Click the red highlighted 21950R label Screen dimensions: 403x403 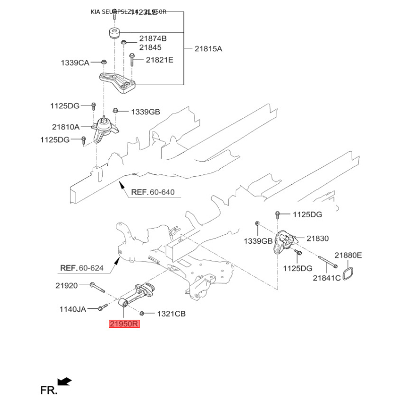click(x=124, y=324)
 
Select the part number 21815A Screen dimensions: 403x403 click(x=209, y=49)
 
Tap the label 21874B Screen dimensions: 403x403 click(x=153, y=39)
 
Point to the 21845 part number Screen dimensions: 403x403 click(x=150, y=47)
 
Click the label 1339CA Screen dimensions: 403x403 click(x=75, y=63)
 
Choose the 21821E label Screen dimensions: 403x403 click(x=159, y=60)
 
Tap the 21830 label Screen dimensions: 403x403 click(x=317, y=238)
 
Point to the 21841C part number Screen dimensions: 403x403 click(x=326, y=278)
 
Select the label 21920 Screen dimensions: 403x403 click(x=66, y=286)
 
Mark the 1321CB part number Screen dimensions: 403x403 click(x=171, y=314)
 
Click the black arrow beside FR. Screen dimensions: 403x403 click(x=65, y=381)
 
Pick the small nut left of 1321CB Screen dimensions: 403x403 click(x=142, y=313)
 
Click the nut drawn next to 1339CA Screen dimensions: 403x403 click(x=103, y=62)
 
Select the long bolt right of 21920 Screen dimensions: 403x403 click(x=97, y=287)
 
